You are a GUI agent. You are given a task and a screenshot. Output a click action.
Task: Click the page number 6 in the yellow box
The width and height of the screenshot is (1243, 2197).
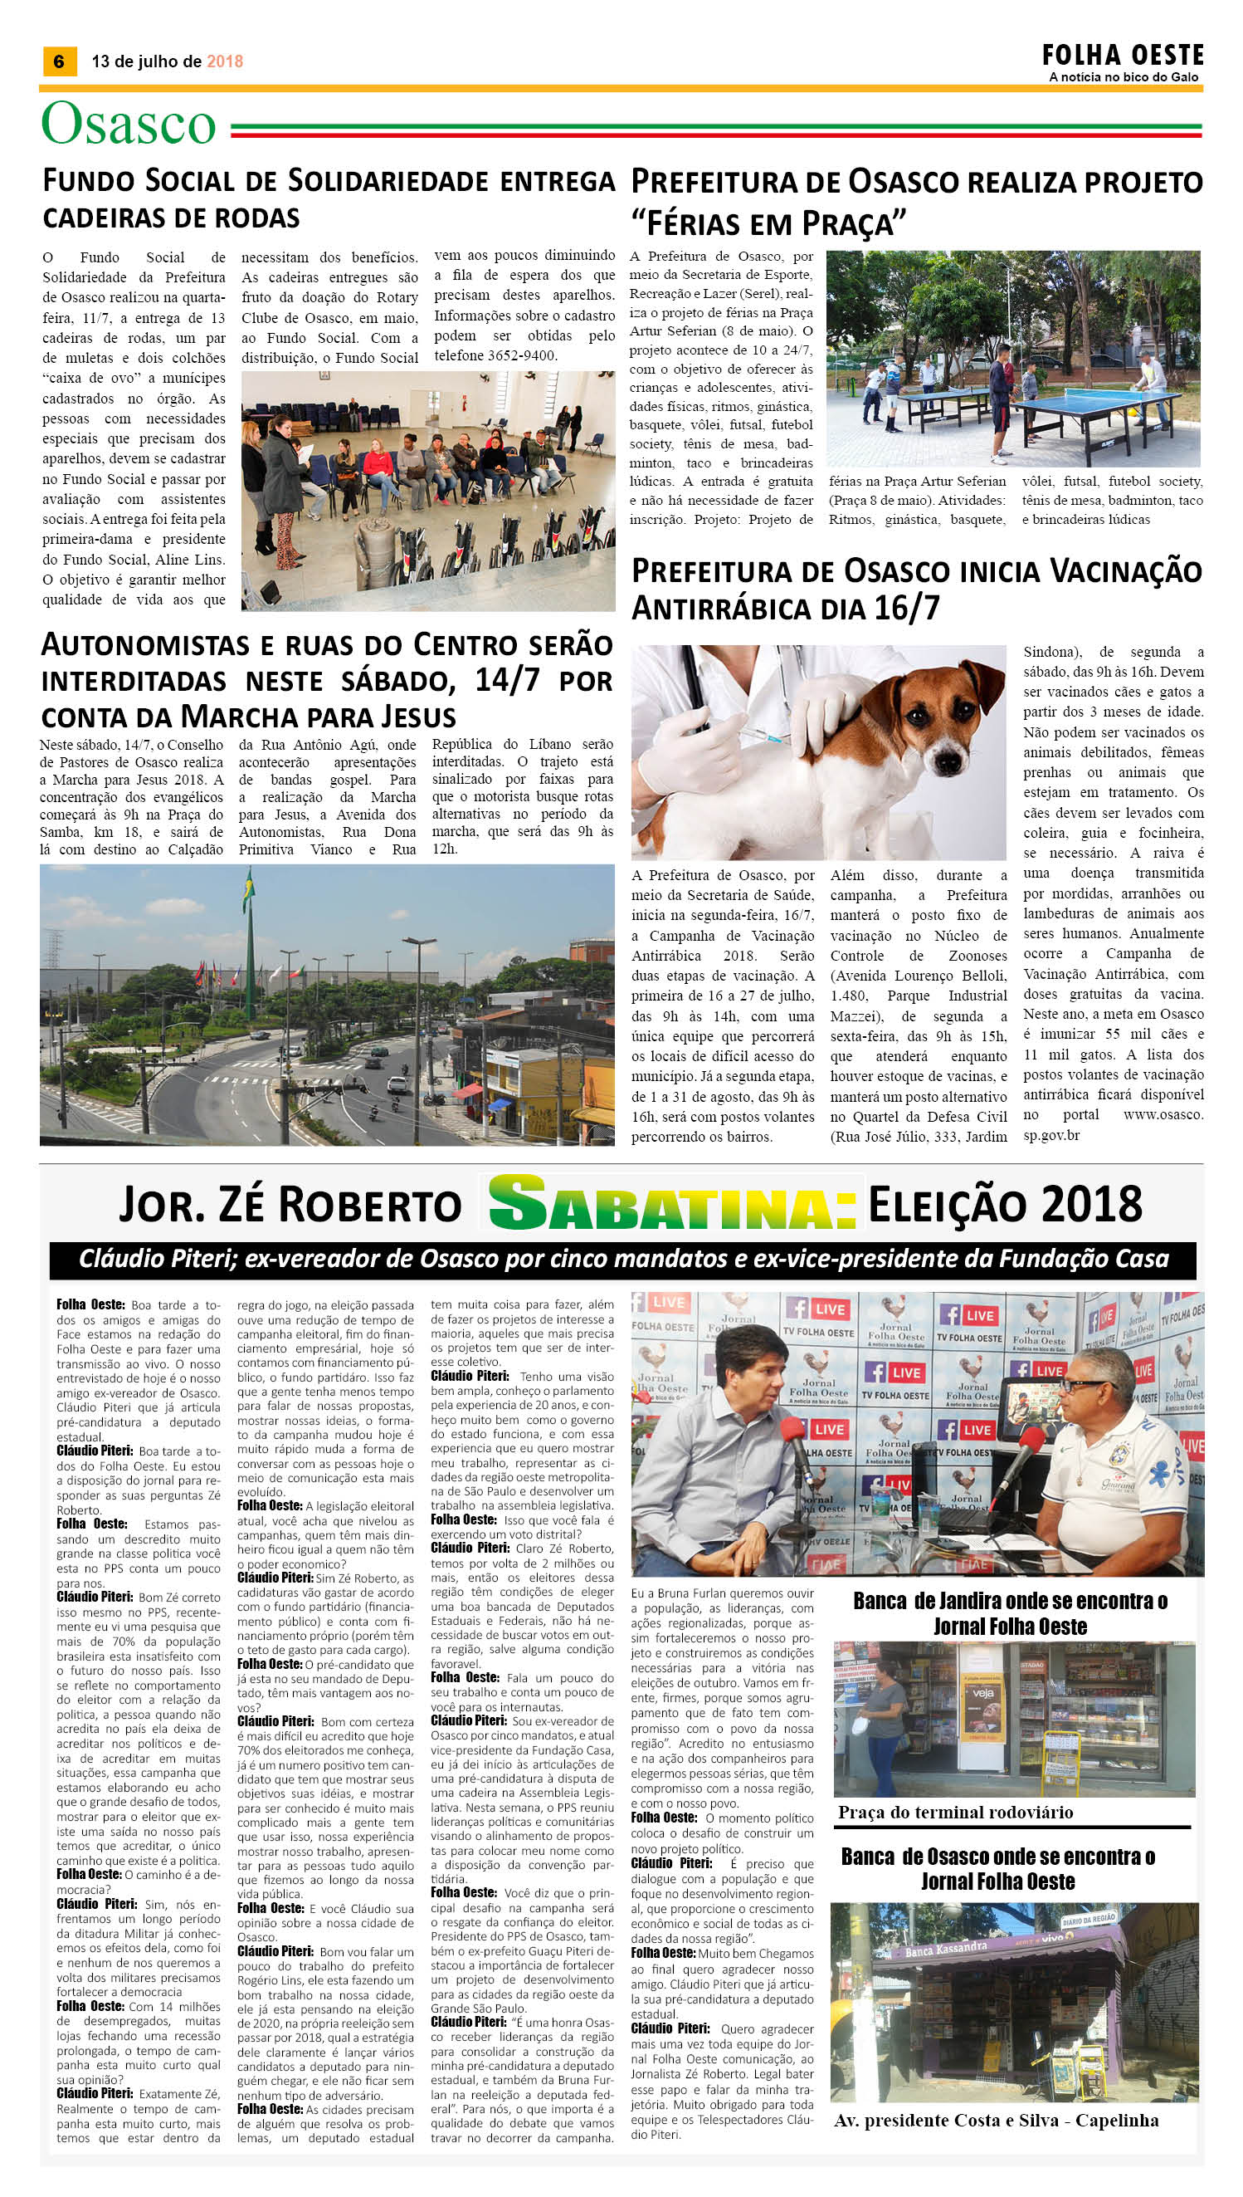(x=59, y=61)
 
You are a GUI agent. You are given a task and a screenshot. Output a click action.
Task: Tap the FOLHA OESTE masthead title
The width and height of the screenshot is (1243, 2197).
(x=1122, y=56)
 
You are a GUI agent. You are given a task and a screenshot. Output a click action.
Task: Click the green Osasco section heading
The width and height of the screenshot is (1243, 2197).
(x=129, y=124)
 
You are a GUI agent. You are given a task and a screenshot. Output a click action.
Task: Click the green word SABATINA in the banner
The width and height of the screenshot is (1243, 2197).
(x=673, y=1204)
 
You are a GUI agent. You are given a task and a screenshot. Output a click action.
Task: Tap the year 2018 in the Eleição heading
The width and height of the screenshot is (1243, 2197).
(x=1093, y=1205)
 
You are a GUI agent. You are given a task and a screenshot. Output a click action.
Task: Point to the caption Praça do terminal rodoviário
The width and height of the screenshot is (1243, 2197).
(x=955, y=1811)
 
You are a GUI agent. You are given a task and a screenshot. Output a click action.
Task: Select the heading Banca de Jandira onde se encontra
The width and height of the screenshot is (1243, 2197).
(x=1010, y=1602)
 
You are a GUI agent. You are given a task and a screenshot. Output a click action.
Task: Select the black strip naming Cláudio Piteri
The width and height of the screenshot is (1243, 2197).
(x=622, y=1258)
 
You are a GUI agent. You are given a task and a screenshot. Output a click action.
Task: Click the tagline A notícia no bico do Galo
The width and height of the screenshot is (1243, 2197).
(x=1123, y=77)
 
